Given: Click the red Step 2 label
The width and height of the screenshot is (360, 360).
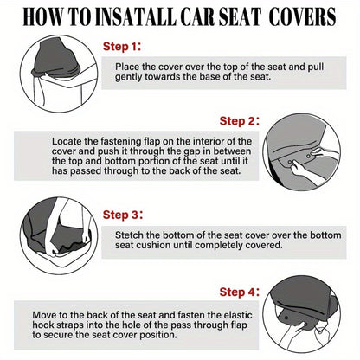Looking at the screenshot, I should tap(240, 120).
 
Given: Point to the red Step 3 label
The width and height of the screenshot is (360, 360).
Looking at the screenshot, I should tap(125, 214).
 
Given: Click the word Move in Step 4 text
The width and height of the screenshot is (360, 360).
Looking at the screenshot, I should tap(48, 315).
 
